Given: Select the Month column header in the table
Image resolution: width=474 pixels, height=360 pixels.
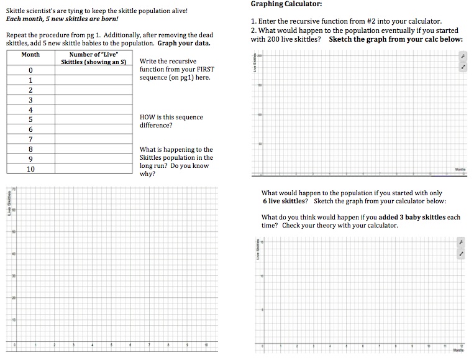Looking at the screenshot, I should point(30,54).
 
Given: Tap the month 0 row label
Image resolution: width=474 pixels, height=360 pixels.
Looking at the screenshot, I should point(30,70).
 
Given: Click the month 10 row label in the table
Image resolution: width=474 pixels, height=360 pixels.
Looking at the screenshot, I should point(30,168).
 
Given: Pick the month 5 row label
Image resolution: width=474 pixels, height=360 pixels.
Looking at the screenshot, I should point(30,119).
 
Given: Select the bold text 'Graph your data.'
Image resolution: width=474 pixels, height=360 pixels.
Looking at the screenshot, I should point(184,44).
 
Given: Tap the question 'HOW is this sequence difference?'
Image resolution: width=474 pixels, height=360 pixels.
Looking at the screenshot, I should point(171,121).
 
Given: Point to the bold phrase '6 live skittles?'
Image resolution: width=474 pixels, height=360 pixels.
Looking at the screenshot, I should point(285,201).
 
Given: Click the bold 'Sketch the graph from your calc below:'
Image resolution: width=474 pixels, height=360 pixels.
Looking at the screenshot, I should point(396,39).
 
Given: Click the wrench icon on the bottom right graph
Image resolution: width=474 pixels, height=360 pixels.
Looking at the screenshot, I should point(462,241).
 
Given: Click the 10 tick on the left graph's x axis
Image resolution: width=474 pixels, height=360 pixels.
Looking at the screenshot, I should point(206,344).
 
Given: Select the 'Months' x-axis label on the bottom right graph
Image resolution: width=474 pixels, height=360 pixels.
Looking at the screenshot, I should point(459,350).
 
